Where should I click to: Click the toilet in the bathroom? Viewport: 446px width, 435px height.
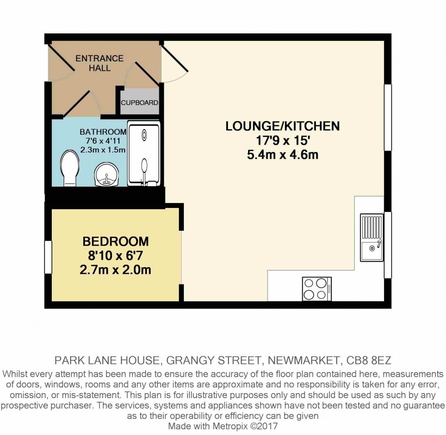point(69,168)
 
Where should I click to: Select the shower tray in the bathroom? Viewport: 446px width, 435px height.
point(144,154)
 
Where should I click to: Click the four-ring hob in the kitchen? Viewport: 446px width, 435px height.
point(317,288)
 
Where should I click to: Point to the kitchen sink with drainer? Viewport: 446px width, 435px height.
point(372,238)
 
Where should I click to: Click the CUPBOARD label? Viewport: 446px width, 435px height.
point(140,103)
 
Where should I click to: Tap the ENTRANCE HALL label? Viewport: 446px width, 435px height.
point(99,63)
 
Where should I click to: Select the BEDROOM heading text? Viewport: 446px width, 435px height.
point(116,241)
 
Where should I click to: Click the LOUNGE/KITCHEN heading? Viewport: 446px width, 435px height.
point(283,126)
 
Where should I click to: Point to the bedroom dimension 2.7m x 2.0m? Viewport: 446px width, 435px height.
point(116,270)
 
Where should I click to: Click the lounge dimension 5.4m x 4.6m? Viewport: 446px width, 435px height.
point(283,155)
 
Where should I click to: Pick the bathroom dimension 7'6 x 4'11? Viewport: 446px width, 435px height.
point(102,141)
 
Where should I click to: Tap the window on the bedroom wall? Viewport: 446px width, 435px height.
point(48,257)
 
